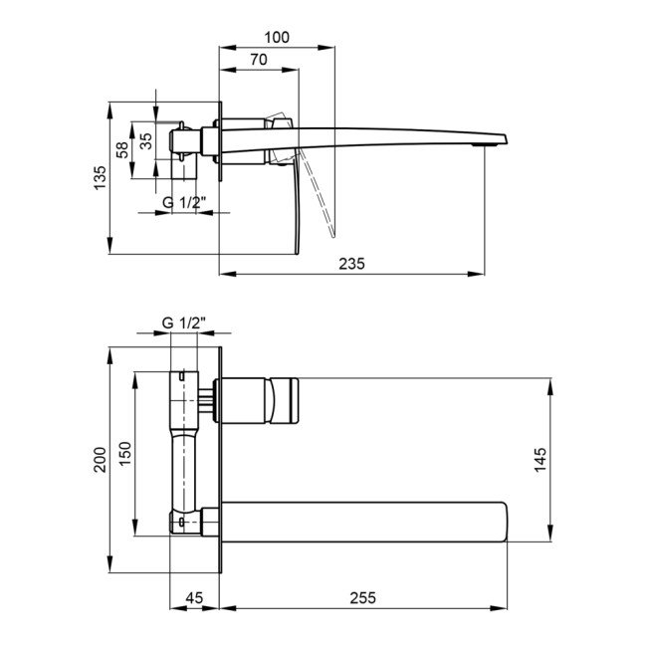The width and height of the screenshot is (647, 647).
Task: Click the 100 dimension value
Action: point(277,38)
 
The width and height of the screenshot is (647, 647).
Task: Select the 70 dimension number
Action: point(259,60)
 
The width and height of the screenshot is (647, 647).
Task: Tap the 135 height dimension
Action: point(101,177)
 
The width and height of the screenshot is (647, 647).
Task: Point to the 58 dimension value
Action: point(122,150)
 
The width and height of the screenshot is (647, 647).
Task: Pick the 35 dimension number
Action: point(146,141)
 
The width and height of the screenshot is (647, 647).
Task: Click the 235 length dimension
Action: point(352,264)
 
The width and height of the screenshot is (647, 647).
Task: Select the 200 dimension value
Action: point(101,460)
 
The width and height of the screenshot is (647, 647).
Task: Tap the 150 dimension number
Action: point(125,454)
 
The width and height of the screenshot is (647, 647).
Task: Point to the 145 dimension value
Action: point(539,459)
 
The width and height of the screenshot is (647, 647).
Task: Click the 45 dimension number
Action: point(194,598)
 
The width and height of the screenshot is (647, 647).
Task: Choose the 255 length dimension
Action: point(363,598)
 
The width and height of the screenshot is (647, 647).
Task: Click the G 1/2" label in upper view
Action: point(184,203)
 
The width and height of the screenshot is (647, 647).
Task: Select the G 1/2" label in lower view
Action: point(184,323)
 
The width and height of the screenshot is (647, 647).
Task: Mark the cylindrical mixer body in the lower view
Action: point(256,401)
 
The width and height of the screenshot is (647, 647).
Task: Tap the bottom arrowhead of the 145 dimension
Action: point(550,534)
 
